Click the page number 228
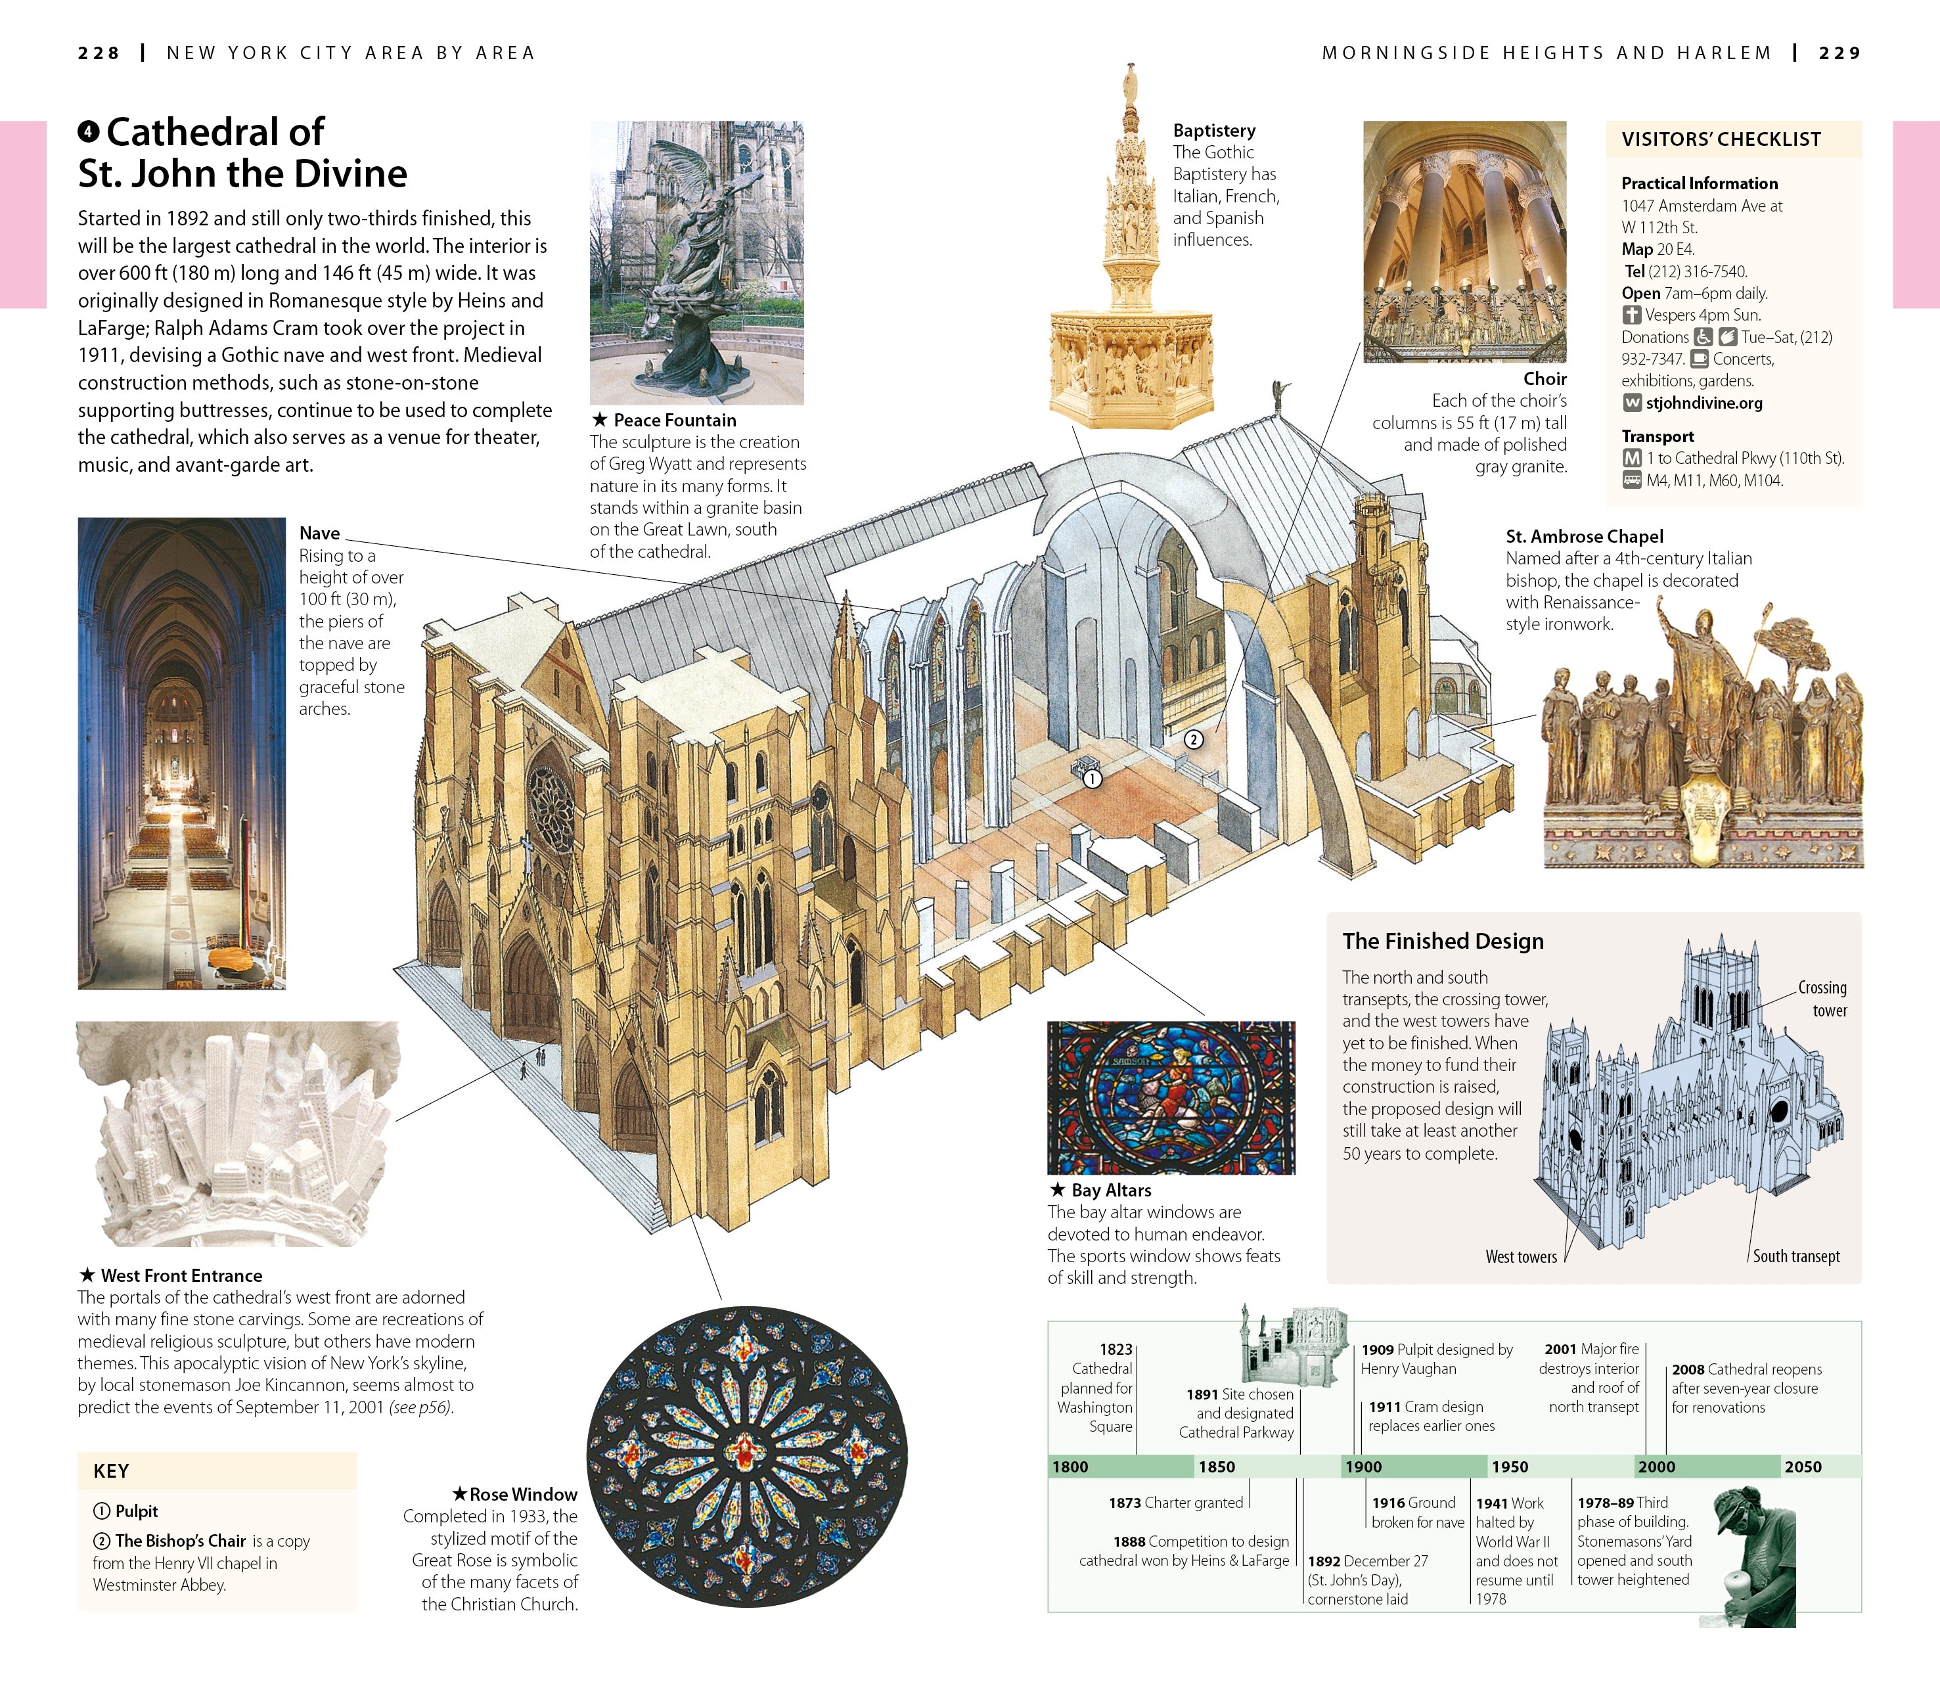(x=99, y=54)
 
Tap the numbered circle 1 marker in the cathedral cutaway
(x=1092, y=778)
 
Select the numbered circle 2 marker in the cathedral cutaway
(x=1193, y=740)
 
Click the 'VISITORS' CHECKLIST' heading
(x=1721, y=140)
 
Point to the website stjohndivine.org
(x=1703, y=403)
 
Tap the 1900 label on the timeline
(x=1363, y=1466)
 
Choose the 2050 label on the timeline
(x=1803, y=1466)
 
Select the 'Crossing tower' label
(x=1822, y=999)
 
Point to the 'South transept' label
(x=1795, y=1256)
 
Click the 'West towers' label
(x=1521, y=1256)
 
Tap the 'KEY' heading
(x=111, y=1470)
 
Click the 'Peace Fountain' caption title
(x=675, y=420)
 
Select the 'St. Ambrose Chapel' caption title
(x=1584, y=537)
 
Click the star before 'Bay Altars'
(x=1057, y=1190)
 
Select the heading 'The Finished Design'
(x=1443, y=941)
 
